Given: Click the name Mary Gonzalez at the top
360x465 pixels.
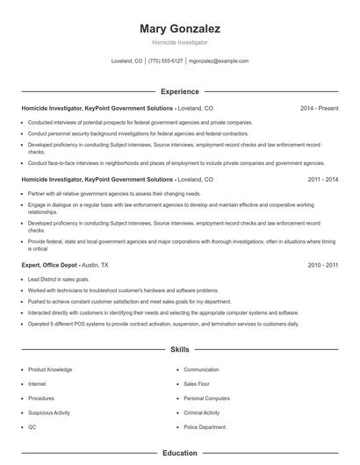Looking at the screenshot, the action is pos(179,29).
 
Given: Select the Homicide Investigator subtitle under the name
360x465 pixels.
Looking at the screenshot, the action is pos(179,43).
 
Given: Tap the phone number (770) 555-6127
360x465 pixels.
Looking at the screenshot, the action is pos(165,61).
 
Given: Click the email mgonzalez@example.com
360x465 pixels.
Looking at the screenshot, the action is pos(219,61).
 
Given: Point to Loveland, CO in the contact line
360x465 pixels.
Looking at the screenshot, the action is pos(126,61).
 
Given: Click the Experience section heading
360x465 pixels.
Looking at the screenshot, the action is pos(179,91).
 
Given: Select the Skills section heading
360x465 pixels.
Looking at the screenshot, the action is pos(179,349).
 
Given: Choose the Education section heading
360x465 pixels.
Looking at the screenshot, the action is pos(179,454).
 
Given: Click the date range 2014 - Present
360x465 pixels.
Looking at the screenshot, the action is pos(319,108).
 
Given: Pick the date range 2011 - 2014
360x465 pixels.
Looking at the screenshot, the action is pos(322,179).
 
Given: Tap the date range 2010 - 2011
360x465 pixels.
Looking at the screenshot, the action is pos(322,264).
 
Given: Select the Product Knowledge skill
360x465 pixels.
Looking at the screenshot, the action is pos(49,370).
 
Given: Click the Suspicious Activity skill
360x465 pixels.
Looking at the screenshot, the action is pos(49,412).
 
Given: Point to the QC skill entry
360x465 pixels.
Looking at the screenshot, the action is pos(32,426).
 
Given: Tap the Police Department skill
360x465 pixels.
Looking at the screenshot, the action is pos(205,426).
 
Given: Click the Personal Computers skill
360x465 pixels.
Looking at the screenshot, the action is pos(206,398).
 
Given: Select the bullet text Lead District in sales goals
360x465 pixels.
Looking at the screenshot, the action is pos(58,279).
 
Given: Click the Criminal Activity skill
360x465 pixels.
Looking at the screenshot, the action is pos(202,412).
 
